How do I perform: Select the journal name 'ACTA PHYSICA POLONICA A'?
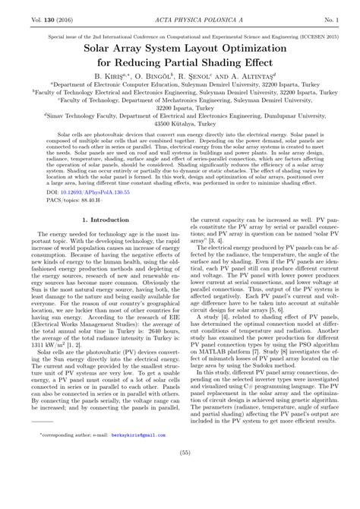point(180,14)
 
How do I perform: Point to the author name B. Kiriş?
point(112,77)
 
